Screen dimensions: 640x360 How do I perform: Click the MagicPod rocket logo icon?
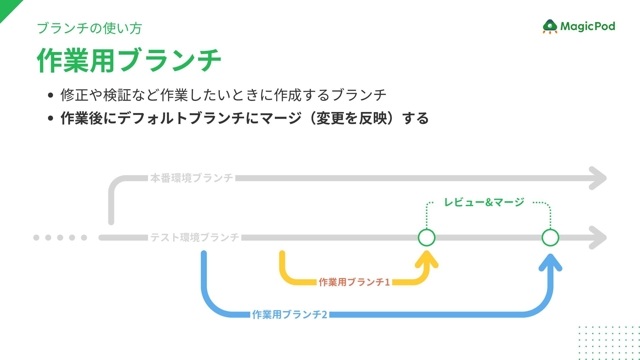550,26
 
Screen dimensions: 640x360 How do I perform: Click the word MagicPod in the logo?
588,26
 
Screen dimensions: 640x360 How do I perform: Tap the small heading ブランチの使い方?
89,28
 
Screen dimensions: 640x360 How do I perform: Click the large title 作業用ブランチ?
129,60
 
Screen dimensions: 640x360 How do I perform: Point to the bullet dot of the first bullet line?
51,95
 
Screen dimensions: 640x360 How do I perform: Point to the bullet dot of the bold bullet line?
51,118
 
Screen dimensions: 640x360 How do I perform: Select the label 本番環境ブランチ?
192,178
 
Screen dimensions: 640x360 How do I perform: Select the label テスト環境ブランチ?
195,237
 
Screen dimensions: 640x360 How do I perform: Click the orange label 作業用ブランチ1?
354,282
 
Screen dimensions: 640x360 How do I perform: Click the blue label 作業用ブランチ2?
290,314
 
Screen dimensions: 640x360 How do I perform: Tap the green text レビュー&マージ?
484,202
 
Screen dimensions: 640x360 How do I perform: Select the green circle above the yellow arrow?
427,238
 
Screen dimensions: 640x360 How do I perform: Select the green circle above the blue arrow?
550,238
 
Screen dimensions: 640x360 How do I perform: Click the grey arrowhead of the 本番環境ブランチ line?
598,178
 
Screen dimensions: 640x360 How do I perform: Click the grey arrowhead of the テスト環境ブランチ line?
598,238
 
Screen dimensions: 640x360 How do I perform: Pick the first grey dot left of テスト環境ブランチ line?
36,238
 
